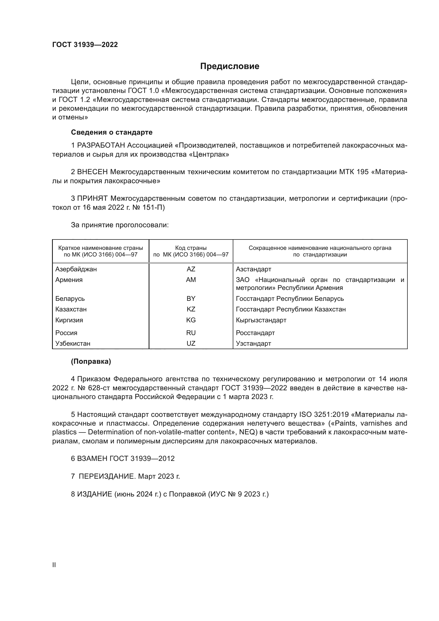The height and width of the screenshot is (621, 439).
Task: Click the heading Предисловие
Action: click(230, 66)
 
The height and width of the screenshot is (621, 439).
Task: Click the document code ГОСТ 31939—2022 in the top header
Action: click(85, 45)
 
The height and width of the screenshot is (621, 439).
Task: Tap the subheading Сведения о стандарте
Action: click(112, 132)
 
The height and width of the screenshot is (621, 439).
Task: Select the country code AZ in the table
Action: click(191, 269)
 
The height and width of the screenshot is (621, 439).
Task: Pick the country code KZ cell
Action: click(191, 309)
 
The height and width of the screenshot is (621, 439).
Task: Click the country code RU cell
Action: click(191, 333)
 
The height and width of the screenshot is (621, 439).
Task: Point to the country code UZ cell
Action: click(191, 344)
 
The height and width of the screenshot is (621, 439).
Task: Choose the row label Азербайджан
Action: click(76, 269)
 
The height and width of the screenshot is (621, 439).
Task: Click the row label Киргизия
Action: click(69, 320)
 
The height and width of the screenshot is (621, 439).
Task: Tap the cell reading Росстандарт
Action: click(255, 333)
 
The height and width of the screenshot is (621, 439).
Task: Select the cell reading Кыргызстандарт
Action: click(261, 320)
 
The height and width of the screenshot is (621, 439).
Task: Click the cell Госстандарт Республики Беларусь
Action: click(290, 299)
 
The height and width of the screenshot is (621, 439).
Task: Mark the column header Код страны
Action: click(191, 248)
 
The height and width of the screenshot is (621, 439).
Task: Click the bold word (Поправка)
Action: click(91, 362)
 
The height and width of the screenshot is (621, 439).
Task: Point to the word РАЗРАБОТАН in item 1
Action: click(101, 145)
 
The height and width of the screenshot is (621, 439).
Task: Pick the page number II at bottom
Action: click(54, 565)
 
